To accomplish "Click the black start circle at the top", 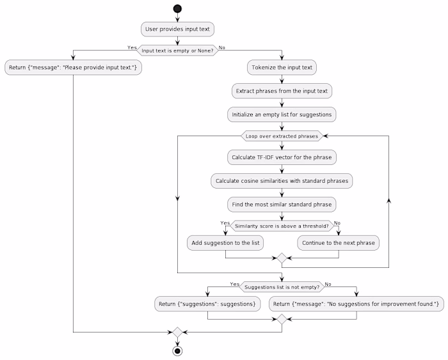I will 177,8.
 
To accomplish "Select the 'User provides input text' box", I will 177,29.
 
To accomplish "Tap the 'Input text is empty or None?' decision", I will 177,51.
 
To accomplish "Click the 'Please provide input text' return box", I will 74,67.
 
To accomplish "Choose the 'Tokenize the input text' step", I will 282,67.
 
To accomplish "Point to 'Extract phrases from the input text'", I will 282,91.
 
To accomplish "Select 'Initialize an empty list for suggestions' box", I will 282,114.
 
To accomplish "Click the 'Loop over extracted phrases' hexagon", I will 282,136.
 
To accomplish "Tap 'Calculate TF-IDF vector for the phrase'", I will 282,157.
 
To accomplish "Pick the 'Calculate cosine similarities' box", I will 282,181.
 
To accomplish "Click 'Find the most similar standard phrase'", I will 282,205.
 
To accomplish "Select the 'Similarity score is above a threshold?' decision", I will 282,226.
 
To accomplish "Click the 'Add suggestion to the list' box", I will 225,243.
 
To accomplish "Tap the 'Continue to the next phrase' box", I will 339,243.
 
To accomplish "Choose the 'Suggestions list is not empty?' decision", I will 282,286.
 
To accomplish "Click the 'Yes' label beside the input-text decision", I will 132,47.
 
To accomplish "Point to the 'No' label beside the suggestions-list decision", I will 328,283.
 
